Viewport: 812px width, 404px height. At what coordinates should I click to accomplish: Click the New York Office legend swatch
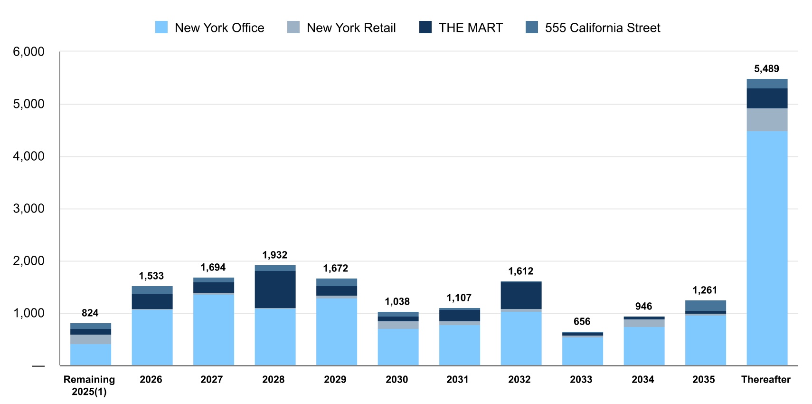(x=161, y=28)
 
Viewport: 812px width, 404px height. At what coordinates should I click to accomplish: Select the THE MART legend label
(x=470, y=28)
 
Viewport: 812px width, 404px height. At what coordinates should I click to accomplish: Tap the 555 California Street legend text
(x=602, y=28)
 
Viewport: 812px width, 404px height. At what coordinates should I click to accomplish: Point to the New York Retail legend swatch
(x=293, y=28)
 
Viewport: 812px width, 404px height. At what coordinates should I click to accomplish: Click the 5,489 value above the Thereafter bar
(x=766, y=69)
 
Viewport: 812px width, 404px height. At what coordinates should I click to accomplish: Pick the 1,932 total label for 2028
(x=275, y=255)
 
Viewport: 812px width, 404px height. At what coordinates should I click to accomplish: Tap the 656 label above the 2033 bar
(x=582, y=322)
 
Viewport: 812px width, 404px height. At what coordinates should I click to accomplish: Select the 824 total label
(x=90, y=313)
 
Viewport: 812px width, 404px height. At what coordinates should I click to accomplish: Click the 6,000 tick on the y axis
(x=28, y=52)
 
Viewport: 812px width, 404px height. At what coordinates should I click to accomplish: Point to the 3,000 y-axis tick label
(x=28, y=209)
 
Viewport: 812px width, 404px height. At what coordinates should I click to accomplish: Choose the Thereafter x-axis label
(x=765, y=379)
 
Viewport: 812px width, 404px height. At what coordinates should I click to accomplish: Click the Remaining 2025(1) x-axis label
(x=89, y=385)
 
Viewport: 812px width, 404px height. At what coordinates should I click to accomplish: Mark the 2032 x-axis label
(x=519, y=379)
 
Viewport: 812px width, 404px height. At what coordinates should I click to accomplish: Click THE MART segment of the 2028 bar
(x=275, y=289)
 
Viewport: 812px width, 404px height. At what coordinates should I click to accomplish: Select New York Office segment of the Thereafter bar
(x=766, y=247)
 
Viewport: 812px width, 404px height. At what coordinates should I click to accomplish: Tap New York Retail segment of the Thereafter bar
(x=766, y=120)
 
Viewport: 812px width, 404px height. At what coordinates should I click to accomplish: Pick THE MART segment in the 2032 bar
(x=521, y=296)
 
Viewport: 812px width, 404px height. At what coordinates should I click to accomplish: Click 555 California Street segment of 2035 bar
(x=705, y=306)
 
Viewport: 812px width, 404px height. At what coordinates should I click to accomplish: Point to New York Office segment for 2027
(x=213, y=329)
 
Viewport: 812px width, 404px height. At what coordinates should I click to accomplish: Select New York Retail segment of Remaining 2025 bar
(x=91, y=339)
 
